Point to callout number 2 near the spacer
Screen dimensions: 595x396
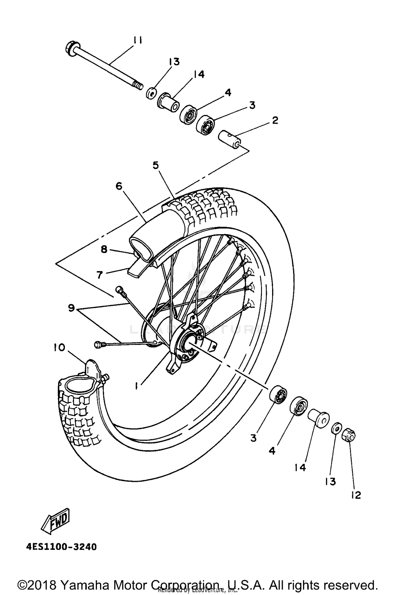275,121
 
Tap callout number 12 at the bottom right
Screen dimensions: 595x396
356,495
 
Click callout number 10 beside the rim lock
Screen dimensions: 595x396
59,348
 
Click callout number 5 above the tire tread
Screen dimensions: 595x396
156,165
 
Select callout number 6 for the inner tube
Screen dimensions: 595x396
119,186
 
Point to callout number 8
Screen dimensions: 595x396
104,249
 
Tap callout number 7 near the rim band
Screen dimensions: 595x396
100,275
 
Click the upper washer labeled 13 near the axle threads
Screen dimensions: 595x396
151,94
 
